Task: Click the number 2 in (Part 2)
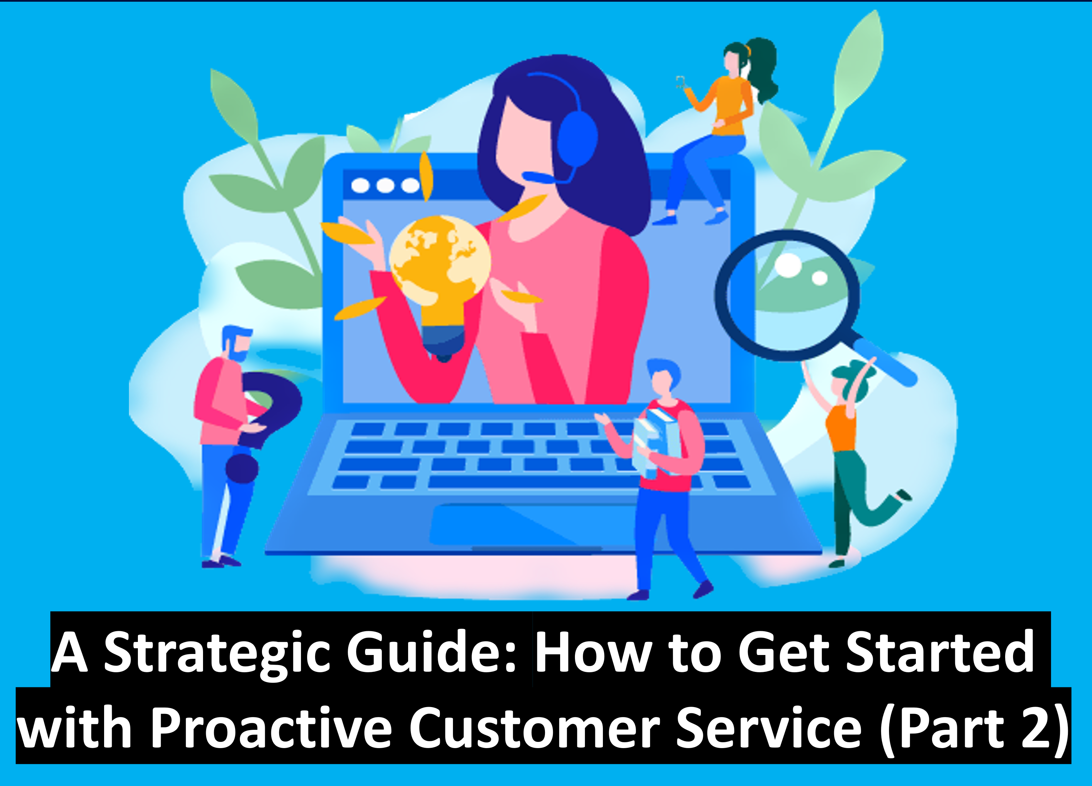click(x=1032, y=728)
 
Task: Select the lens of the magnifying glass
click(x=788, y=294)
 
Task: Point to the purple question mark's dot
click(x=242, y=467)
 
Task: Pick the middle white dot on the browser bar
click(x=385, y=185)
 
